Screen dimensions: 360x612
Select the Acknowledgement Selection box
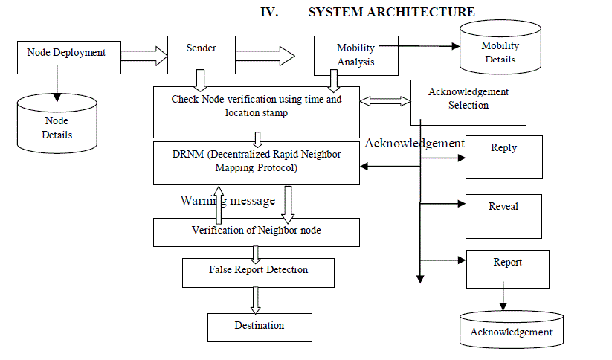coord(468,102)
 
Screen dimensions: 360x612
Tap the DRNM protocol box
coord(257,162)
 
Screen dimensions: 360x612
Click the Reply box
coord(503,156)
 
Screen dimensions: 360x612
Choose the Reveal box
coord(503,215)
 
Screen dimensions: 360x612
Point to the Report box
coord(507,269)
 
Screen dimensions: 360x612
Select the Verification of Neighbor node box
coord(257,231)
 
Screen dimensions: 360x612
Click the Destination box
coord(259,327)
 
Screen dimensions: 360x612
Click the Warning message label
coord(228,201)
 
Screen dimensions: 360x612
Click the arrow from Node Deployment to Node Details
coord(57,86)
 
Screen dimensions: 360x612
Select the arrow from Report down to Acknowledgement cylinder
coord(503,298)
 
